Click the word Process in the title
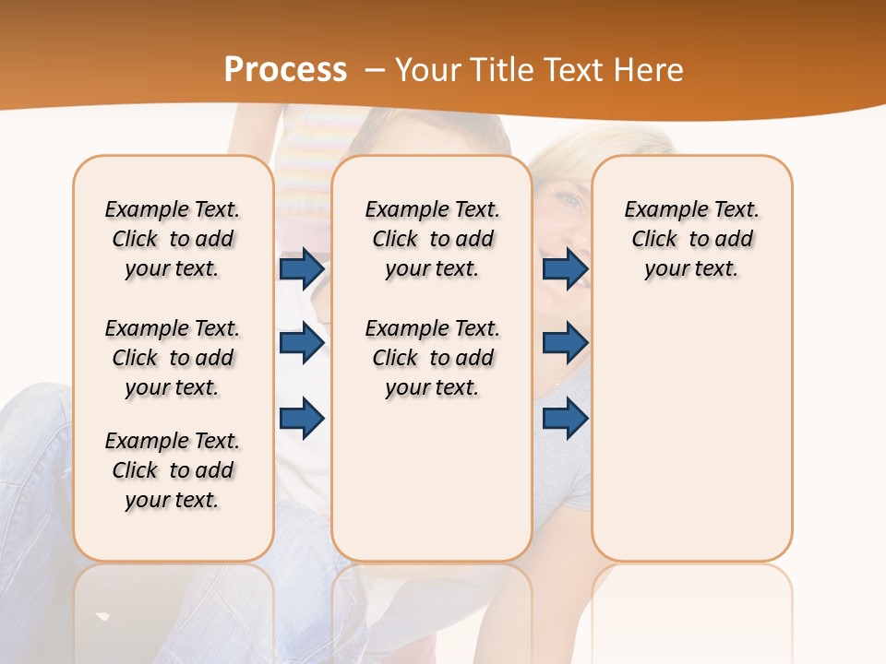(285, 70)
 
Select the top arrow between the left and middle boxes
(302, 269)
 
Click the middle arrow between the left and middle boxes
(302, 343)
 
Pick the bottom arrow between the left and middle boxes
(302, 418)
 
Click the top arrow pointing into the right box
(565, 269)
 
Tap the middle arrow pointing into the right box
(565, 343)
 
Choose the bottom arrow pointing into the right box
(565, 418)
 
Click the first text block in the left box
(173, 239)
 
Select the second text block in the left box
(173, 358)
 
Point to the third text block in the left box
(173, 470)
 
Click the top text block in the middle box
(432, 239)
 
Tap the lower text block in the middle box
(432, 358)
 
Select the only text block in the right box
(691, 239)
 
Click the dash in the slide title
(376, 70)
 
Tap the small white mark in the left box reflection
(103, 616)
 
